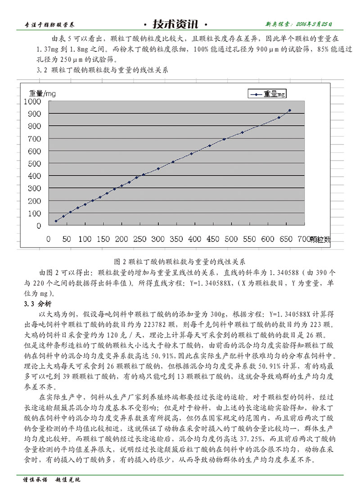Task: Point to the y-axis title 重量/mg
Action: point(42,94)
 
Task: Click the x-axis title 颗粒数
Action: point(320,239)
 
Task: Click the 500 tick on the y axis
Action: point(38,164)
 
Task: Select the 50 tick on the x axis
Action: point(67,239)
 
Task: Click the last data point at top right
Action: point(290,110)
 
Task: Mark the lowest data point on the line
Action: point(56,221)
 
